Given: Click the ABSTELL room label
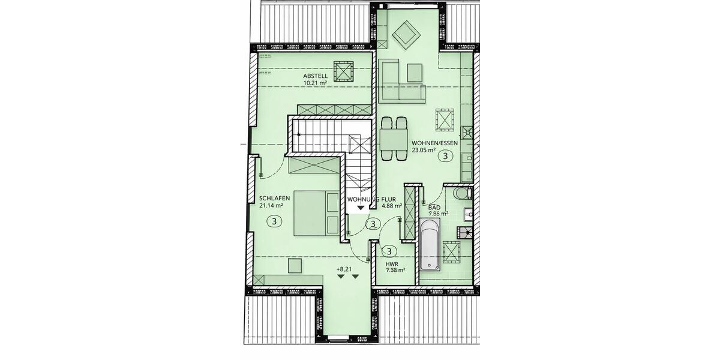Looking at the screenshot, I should tap(315, 76).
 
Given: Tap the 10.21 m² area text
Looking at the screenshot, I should tap(315, 83).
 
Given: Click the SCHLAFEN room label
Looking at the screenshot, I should tap(275, 198).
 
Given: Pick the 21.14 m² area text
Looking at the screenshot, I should tap(271, 205).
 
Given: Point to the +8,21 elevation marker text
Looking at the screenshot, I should tap(344, 269).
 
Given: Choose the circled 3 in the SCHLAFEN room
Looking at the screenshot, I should tap(274, 221).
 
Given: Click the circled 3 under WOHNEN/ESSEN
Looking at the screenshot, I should tap(445, 157).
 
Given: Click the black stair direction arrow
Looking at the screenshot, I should tap(360, 208).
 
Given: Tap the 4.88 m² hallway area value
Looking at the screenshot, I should tap(392, 205).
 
